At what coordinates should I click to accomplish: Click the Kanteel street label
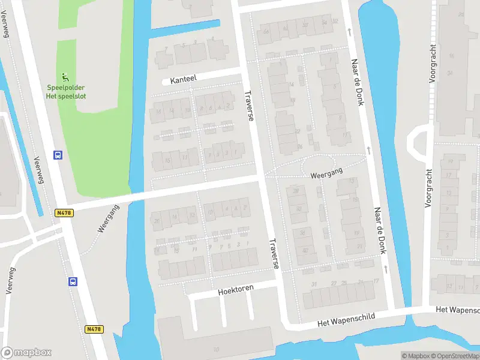click(x=183, y=79)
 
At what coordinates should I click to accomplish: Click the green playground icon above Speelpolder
click(x=65, y=77)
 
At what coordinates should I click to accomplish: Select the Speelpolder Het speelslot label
click(x=67, y=91)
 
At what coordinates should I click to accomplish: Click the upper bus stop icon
click(x=58, y=155)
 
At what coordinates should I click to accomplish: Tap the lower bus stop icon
click(x=73, y=281)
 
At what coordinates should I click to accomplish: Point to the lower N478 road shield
click(x=94, y=329)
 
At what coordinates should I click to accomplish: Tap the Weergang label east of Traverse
click(x=326, y=173)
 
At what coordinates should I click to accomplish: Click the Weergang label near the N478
click(x=109, y=218)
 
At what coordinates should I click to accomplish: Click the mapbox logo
click(x=26, y=352)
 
